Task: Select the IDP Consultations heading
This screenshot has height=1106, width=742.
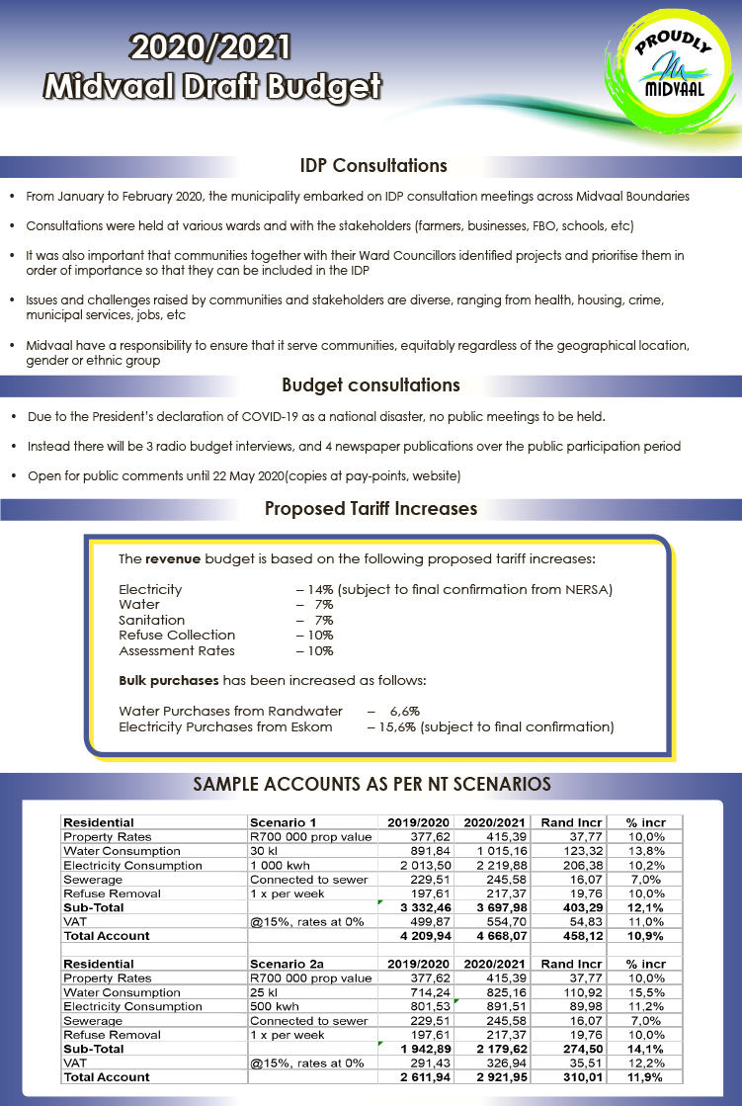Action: click(x=373, y=165)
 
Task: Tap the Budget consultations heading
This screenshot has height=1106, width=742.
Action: click(x=371, y=384)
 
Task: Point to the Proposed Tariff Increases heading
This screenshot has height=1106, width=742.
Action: click(x=371, y=509)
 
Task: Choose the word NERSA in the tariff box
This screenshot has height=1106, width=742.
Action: click(x=590, y=590)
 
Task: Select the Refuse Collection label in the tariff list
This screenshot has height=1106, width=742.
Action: click(x=177, y=636)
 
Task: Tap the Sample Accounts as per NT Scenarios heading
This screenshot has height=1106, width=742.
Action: click(x=371, y=785)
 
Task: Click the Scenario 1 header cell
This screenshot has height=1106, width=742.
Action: click(x=284, y=822)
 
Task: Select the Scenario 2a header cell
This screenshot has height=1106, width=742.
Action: click(x=287, y=964)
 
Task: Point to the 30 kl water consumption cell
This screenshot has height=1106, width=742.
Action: click(x=264, y=851)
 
